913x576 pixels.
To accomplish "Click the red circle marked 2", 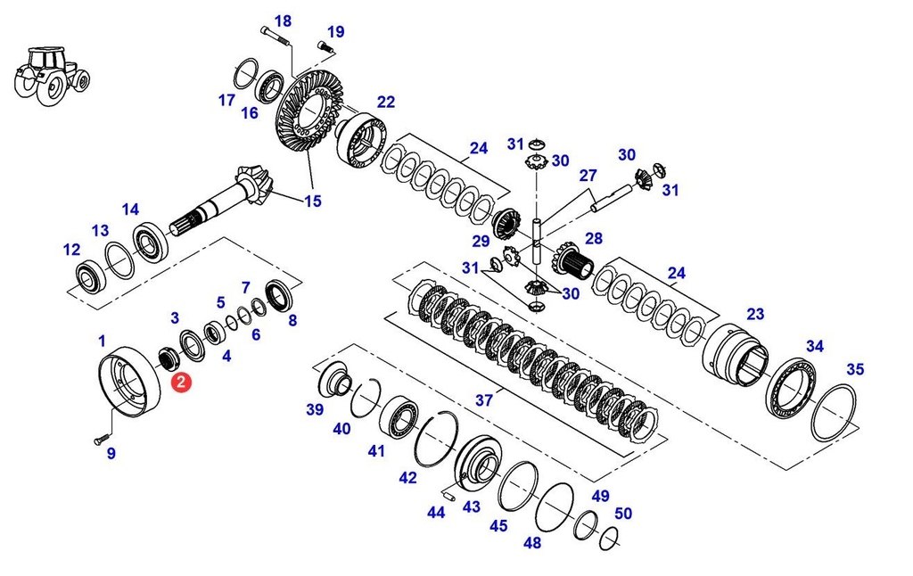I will coord(181,383).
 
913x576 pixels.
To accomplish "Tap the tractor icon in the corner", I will coord(52,75).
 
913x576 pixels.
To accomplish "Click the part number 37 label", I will coord(483,400).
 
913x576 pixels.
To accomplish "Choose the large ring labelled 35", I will coord(833,412).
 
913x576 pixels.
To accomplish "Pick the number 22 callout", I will coord(385,102).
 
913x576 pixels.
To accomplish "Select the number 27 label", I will coord(587,176).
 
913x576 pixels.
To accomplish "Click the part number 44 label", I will coord(436,513).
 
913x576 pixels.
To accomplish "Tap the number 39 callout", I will coord(315,409).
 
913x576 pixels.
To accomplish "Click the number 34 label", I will coord(815,346).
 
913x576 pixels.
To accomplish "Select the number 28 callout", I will coord(593,238).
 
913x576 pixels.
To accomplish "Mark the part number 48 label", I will coord(532,543).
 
